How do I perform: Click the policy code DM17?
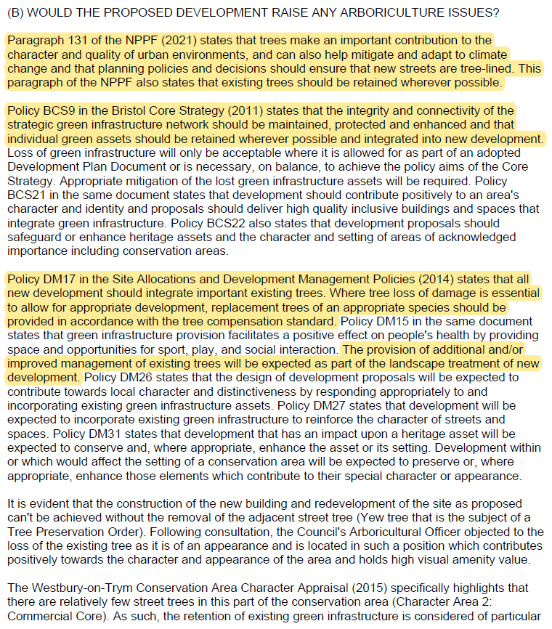[58, 280]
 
